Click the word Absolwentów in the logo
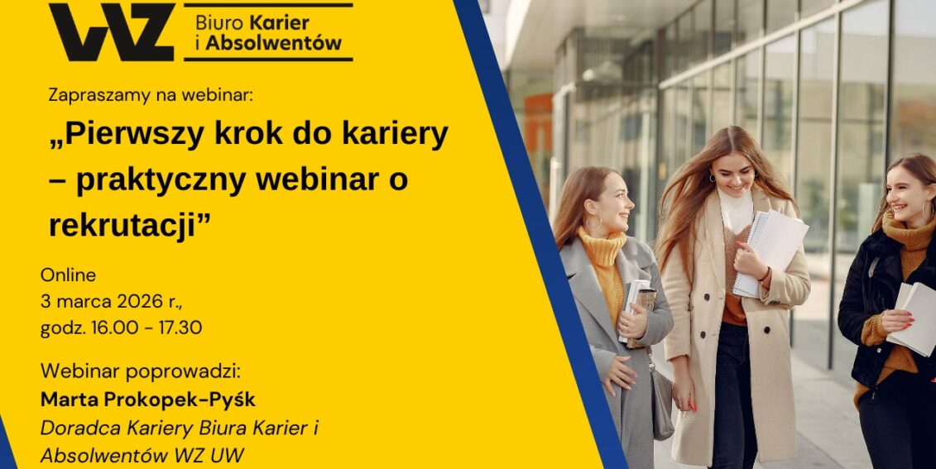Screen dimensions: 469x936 274,44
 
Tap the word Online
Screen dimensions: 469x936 68,275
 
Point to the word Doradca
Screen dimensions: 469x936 75,428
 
